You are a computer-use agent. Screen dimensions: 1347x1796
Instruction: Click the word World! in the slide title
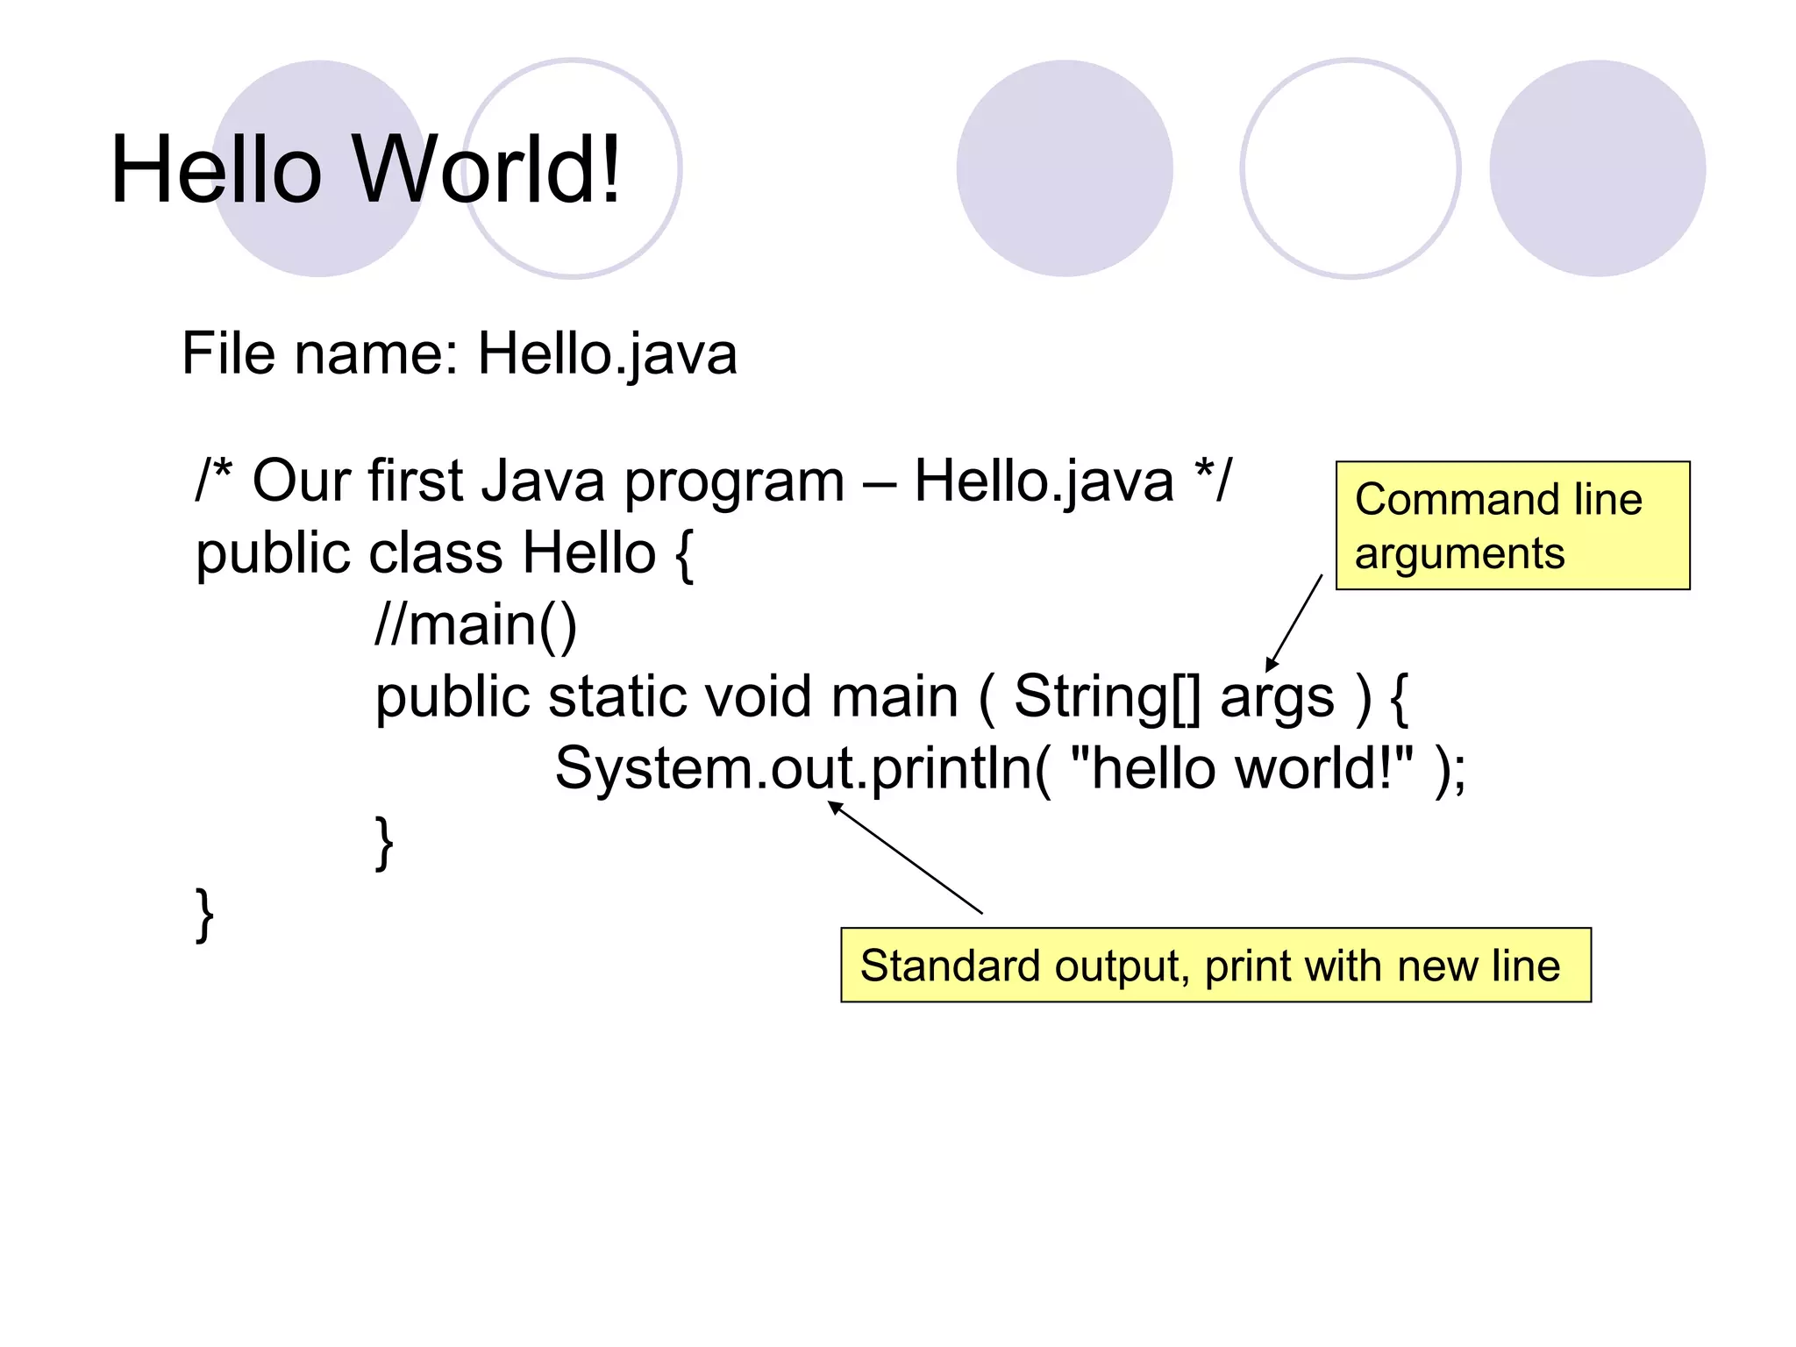tap(488, 170)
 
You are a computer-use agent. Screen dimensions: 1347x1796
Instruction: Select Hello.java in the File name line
tap(607, 354)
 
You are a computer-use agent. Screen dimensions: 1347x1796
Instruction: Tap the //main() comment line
tap(475, 625)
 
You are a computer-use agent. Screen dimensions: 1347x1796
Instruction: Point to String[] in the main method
tap(1108, 697)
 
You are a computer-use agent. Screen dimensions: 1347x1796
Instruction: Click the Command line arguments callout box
tap(1512, 525)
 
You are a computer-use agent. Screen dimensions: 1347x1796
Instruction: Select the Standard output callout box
tap(1215, 965)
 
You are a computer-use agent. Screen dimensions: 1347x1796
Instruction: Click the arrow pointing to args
tap(1294, 623)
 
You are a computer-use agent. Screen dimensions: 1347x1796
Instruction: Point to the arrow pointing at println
tap(907, 859)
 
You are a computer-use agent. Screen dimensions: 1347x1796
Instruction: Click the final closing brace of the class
tap(204, 915)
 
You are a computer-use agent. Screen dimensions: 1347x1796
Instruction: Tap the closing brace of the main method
tap(384, 843)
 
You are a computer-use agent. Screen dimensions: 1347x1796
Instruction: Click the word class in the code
tap(436, 554)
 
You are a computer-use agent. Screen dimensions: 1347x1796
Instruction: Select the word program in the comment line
tap(734, 482)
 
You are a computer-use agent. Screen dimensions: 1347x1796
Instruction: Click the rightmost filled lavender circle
tap(1597, 168)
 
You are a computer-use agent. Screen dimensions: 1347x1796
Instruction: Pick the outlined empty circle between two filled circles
tap(1350, 168)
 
